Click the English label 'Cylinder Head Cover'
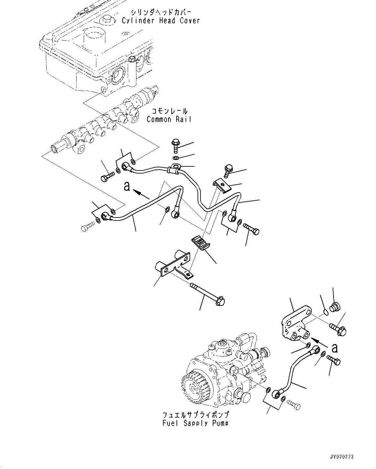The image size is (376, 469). coord(161,21)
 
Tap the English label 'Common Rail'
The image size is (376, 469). coord(169,119)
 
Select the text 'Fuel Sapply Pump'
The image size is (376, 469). coord(195,423)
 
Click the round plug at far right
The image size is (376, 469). coord(334,306)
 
